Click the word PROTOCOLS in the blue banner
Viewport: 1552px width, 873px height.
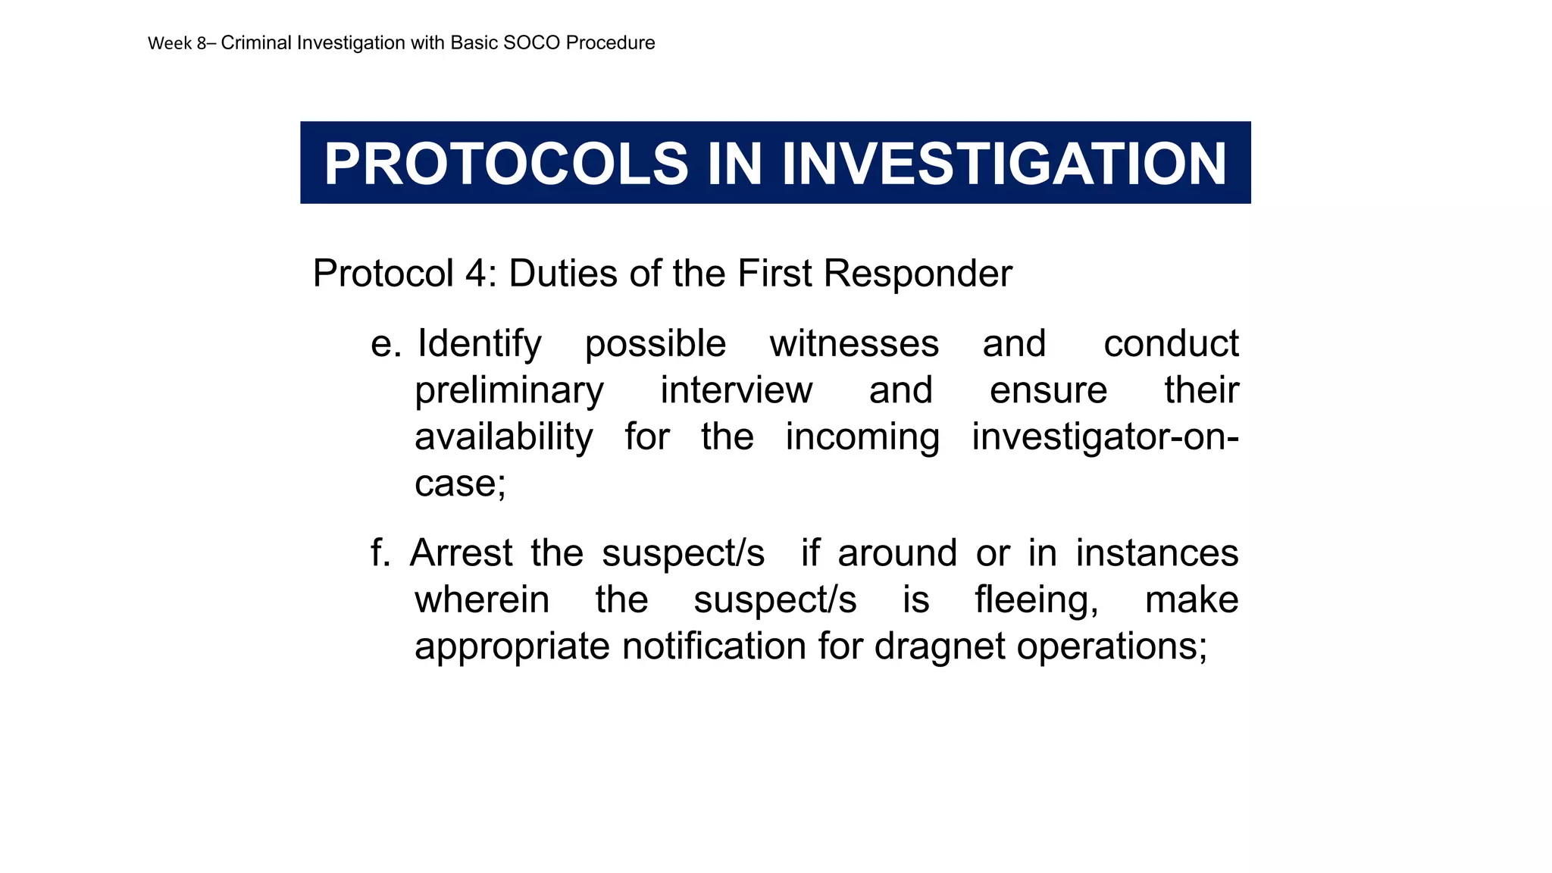[x=505, y=164]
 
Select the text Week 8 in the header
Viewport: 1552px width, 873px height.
[x=177, y=43]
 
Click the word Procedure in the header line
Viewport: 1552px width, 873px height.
[x=610, y=43]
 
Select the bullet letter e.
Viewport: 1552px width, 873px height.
[x=385, y=344]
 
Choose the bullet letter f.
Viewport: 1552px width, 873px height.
[x=380, y=552]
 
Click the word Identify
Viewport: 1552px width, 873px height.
[x=480, y=344]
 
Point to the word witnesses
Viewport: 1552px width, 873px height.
[x=854, y=344]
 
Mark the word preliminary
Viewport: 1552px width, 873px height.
[x=508, y=391]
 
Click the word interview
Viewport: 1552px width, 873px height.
[x=736, y=391]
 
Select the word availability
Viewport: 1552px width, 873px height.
[x=503, y=437]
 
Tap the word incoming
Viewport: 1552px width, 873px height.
[x=862, y=437]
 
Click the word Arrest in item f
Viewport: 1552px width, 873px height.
[x=462, y=552]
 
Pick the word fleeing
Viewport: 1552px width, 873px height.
[x=1036, y=599]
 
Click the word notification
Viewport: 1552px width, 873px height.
[x=714, y=646]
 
